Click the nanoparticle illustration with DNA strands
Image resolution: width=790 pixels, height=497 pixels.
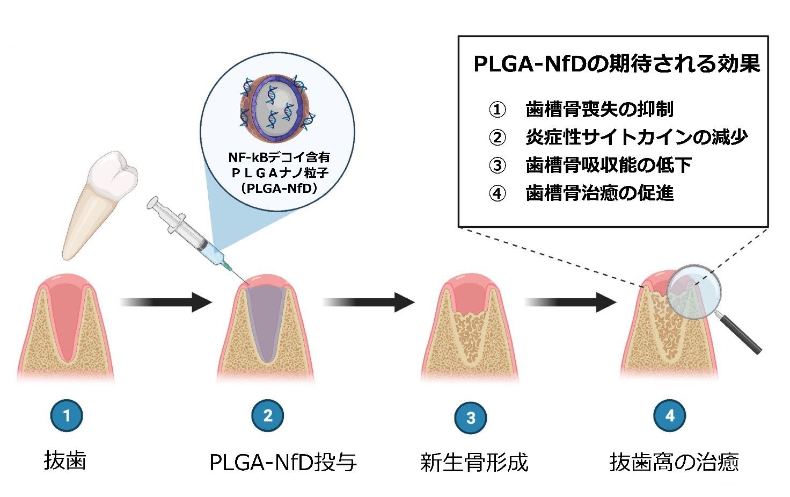click(x=277, y=105)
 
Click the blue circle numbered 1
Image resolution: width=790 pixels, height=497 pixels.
click(x=67, y=415)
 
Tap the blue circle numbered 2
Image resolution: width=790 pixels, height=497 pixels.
click(x=268, y=415)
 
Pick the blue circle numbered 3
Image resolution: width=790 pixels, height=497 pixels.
click(x=471, y=417)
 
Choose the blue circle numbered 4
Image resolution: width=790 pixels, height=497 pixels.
click(x=670, y=415)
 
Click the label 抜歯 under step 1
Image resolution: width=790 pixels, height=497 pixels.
click(x=65, y=461)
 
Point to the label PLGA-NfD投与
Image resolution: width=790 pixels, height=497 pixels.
click(x=283, y=462)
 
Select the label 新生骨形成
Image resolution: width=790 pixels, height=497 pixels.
click(x=474, y=462)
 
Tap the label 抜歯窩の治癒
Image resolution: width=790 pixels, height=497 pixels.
click(x=674, y=462)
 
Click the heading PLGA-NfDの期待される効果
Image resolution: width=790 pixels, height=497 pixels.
click(x=617, y=64)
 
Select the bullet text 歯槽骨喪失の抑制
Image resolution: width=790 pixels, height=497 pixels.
click(x=599, y=110)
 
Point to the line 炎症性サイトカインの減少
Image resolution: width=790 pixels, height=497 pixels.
click(x=637, y=138)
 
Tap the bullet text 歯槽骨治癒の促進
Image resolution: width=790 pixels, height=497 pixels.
click(x=599, y=193)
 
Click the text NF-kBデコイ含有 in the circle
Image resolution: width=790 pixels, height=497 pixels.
click(x=279, y=157)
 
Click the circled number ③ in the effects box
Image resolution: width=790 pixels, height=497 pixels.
click(x=498, y=165)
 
